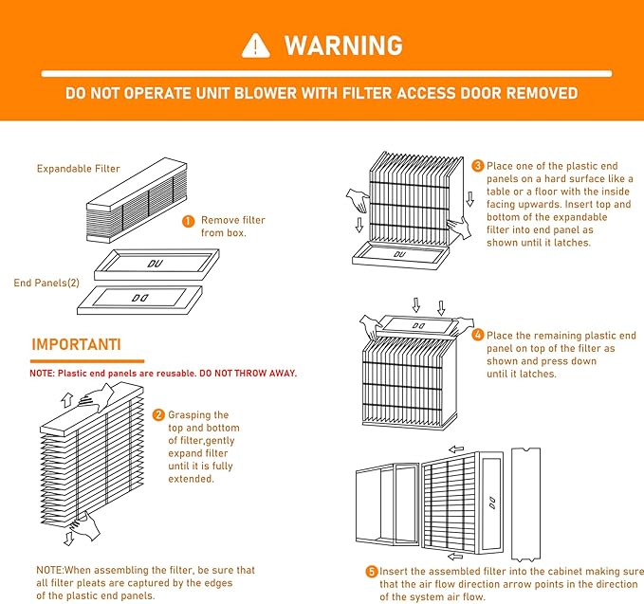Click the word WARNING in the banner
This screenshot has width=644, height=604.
tap(343, 46)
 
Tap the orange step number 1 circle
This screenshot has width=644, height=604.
tap(189, 220)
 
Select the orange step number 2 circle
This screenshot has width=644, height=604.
tap(158, 415)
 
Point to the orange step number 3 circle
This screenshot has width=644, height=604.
tap(478, 166)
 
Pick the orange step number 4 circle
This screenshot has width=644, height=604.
tap(478, 335)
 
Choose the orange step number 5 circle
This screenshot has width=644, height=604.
tap(372, 572)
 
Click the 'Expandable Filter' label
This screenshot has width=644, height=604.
tap(79, 169)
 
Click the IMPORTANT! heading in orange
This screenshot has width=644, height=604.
tap(76, 343)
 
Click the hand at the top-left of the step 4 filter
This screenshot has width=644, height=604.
tap(371, 329)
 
